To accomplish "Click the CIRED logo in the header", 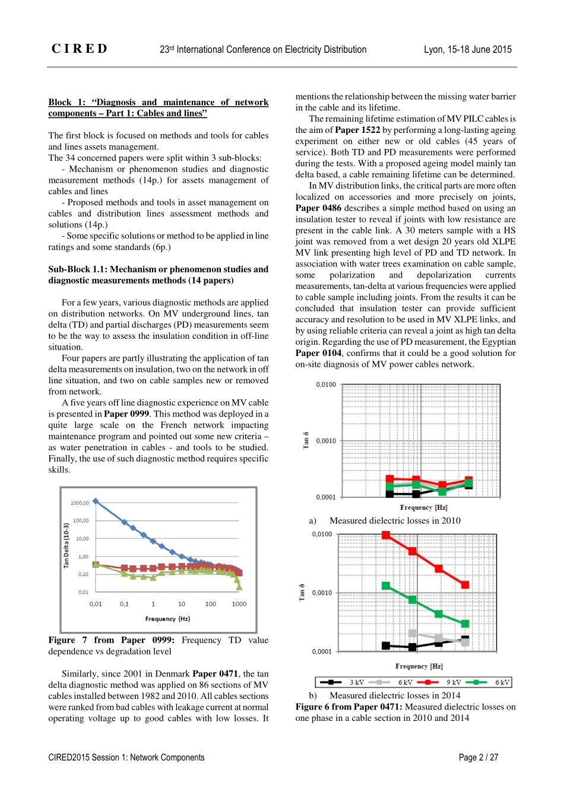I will [x=80, y=49].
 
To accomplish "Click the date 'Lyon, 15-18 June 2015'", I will [x=467, y=49].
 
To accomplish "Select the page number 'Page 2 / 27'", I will [x=478, y=757].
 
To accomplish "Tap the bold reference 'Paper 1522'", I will [x=357, y=130].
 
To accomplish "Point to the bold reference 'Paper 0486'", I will [x=318, y=208].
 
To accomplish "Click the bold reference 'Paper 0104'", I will [x=318, y=353].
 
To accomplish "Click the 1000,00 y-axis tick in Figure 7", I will [x=80, y=503].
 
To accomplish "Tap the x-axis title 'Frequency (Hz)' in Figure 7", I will [x=167, y=619].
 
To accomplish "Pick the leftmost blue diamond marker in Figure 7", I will [x=96, y=501].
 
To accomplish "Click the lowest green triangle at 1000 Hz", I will [x=239, y=587].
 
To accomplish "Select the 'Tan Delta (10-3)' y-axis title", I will [x=66, y=545].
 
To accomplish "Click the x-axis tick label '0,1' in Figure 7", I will [x=124, y=604].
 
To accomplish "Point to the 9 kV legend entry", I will [x=442, y=682].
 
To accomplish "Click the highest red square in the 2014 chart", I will [x=386, y=535].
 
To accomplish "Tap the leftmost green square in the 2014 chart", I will [x=386, y=586].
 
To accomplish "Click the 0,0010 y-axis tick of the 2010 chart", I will [x=326, y=441].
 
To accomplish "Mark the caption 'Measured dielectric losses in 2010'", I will [x=395, y=521].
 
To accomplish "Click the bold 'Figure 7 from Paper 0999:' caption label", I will [x=111, y=640].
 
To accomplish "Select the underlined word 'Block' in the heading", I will [x=59, y=102].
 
